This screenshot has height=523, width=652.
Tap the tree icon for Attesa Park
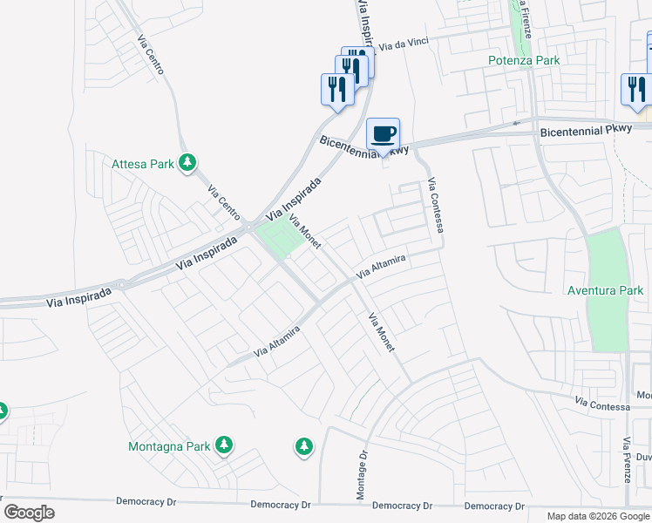click(187, 162)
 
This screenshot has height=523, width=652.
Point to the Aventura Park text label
click(605, 290)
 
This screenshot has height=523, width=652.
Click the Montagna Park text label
click(169, 446)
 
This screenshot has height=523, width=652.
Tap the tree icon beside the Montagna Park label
click(224, 445)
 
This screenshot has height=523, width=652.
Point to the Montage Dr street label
click(361, 476)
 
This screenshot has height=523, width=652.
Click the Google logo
click(29, 513)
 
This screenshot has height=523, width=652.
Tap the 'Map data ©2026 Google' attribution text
click(597, 516)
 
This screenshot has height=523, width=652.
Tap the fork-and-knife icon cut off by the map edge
click(635, 89)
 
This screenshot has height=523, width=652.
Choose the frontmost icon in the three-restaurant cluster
click(337, 89)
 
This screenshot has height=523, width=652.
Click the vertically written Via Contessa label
click(436, 206)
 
